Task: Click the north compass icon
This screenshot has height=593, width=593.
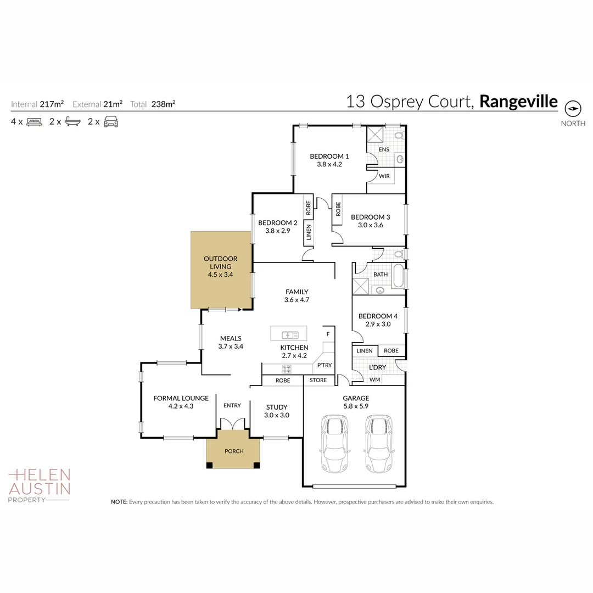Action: point(573,108)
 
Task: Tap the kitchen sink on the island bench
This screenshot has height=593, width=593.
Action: point(289,334)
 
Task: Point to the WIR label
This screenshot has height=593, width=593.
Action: point(384,176)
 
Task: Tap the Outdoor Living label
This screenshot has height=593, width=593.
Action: point(220,266)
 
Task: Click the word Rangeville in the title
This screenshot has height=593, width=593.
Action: point(518,102)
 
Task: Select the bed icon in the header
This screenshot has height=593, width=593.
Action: point(35,122)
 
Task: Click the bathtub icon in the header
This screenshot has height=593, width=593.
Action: point(72,122)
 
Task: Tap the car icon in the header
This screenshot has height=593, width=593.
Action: point(111,122)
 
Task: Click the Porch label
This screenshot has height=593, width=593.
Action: point(234,451)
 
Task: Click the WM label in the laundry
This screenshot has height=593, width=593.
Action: point(374,379)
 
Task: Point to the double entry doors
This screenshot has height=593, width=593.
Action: point(232,424)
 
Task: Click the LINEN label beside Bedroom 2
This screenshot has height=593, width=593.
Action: point(309,233)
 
